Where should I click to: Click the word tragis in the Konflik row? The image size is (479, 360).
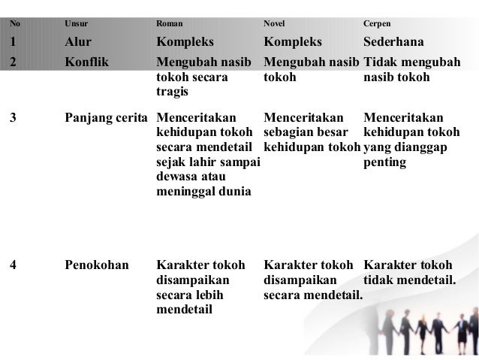173,91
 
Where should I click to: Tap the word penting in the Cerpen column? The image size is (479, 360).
384,162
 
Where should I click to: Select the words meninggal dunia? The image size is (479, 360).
203,191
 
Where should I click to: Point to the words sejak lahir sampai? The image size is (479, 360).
207,162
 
